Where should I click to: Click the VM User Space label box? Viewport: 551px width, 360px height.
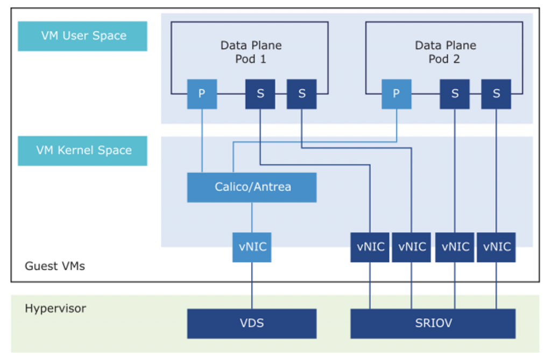point(82,36)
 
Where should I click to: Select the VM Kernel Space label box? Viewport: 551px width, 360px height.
point(82,151)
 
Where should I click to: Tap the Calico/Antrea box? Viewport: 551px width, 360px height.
point(252,187)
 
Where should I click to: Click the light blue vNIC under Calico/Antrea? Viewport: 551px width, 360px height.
point(252,247)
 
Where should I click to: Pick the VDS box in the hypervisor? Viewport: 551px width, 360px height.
point(252,323)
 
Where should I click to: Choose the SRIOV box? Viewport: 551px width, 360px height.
point(433,323)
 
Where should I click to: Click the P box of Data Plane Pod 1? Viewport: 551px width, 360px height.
point(202,94)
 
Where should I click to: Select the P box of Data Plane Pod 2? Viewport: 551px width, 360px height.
point(397,94)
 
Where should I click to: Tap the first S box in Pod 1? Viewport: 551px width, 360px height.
point(260,94)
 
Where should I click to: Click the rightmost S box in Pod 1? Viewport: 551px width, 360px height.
point(302,94)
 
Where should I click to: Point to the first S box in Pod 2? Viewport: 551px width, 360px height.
point(455,94)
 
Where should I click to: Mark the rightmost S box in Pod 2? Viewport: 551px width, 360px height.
point(496,94)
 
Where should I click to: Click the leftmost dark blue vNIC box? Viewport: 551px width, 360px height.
point(370,247)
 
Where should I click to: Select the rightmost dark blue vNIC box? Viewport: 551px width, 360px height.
point(496,247)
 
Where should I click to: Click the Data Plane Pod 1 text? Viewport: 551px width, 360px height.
point(251,52)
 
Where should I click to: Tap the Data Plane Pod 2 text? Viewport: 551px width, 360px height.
point(445,52)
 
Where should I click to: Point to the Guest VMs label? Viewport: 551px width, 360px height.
point(55,266)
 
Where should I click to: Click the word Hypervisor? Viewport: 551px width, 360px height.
point(55,309)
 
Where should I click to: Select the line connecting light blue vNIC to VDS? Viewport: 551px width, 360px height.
point(252,286)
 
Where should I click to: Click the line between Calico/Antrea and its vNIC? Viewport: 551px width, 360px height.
point(252,217)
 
